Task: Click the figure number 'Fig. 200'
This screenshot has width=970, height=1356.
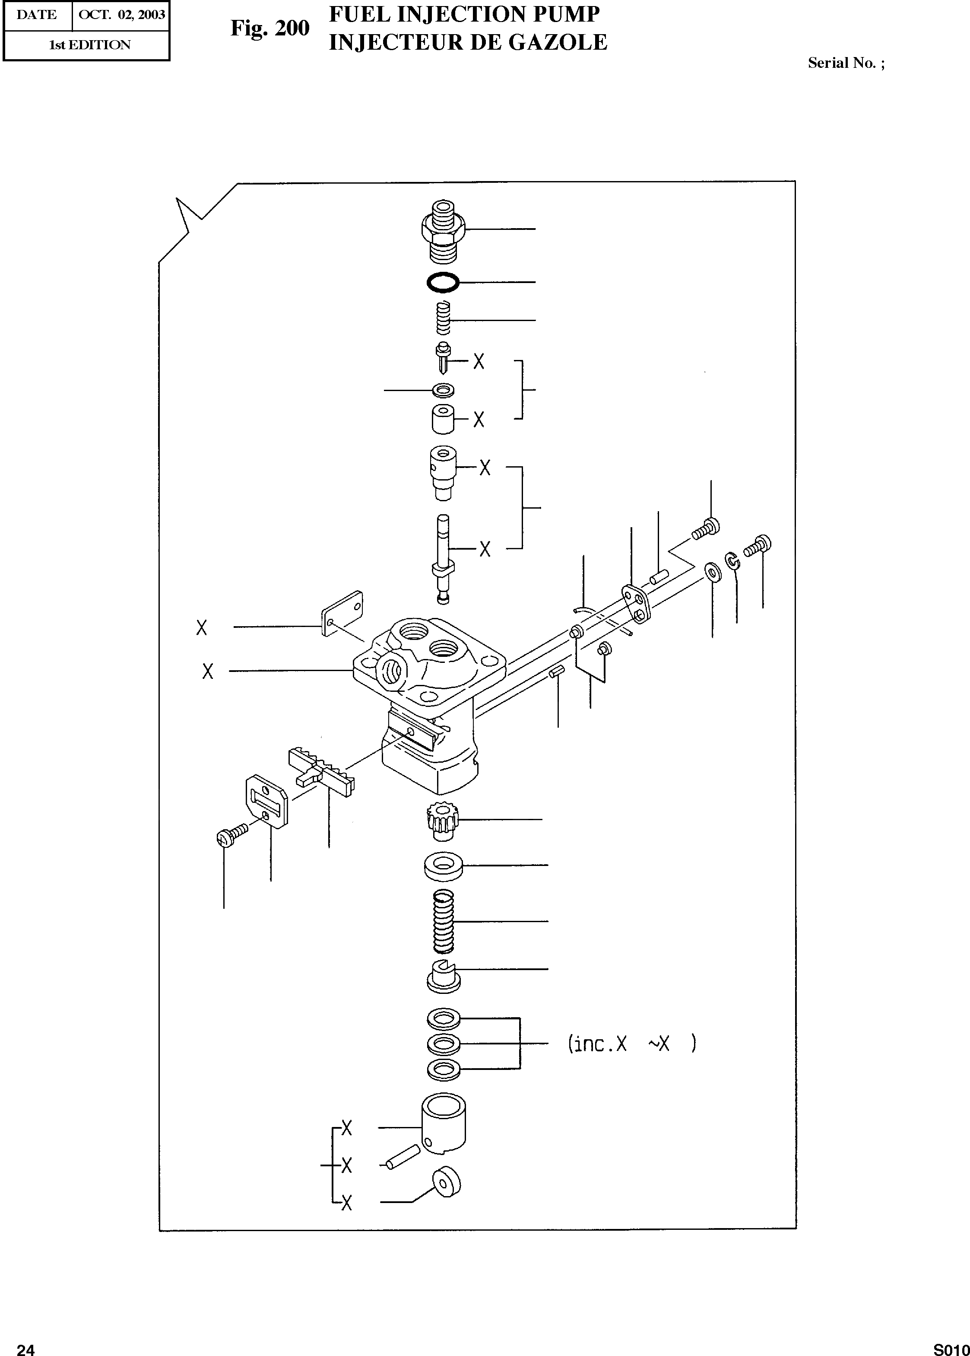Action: [x=270, y=28]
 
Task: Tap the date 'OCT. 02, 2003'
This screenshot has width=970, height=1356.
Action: [x=121, y=15]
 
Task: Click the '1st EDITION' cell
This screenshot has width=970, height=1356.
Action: [x=89, y=45]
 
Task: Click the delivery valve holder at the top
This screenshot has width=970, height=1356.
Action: [x=443, y=230]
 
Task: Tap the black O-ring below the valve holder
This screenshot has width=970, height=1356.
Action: [x=443, y=282]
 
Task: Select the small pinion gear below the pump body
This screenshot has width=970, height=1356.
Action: [x=442, y=818]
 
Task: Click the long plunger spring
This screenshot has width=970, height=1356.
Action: [x=443, y=921]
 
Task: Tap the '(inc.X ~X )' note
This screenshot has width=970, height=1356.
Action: [x=631, y=1044]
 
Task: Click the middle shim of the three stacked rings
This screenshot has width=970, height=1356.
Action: [x=443, y=1044]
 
